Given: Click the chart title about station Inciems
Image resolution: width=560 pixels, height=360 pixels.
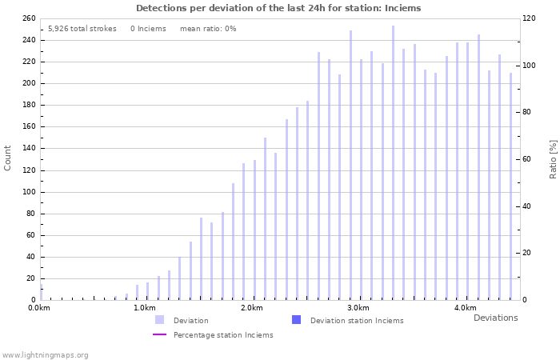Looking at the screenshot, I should point(278,8).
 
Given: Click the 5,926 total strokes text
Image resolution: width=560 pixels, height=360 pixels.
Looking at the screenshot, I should point(82,29).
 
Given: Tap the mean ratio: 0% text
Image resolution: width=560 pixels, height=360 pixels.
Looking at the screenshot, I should point(208,29).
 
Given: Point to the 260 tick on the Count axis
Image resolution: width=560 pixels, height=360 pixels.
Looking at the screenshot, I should point(28,18).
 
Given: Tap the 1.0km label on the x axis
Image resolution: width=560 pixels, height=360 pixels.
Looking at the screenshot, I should point(145,308).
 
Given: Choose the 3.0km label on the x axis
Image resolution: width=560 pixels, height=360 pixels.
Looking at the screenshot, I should point(358,308).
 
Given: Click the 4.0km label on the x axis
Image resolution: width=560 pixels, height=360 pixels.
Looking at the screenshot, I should point(465,308).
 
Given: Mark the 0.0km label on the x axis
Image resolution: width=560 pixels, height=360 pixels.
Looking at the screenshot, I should point(38,308).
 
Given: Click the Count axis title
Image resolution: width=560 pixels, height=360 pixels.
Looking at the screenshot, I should point(8,158).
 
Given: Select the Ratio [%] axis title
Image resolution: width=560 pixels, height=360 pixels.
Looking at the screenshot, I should point(553,158).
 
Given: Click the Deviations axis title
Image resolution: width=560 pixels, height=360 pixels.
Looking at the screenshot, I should point(495,318).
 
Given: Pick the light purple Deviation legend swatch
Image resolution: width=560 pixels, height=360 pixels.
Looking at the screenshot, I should point(160,320).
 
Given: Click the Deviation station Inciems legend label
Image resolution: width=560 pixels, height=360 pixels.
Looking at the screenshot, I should point(357,321).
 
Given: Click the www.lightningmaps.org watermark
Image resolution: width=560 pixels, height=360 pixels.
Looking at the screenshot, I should point(45,355).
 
